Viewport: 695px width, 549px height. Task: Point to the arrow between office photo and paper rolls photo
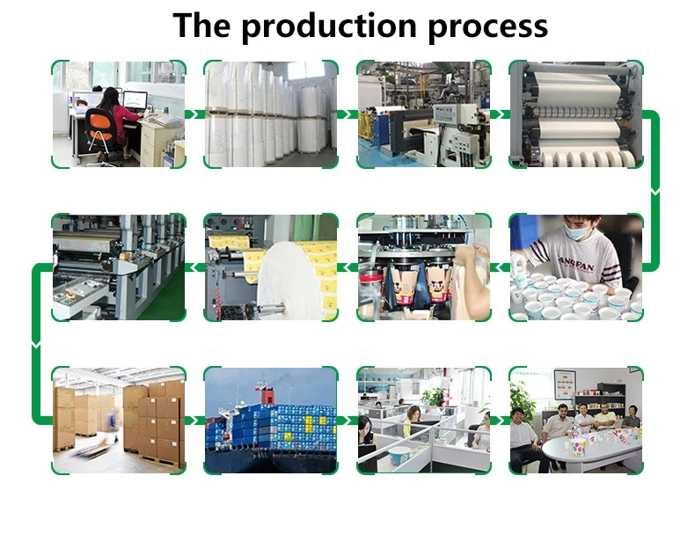194,114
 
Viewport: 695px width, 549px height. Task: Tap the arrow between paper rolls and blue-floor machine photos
347,114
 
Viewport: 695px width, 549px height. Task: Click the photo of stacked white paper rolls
271,114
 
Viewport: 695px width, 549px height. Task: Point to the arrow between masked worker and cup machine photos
500,267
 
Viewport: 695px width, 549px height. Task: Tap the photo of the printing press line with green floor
118,267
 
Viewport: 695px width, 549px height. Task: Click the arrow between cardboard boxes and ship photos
194,421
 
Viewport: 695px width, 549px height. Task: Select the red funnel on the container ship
263,384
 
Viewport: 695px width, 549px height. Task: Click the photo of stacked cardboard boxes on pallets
118,421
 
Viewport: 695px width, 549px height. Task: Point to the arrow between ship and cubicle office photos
347,421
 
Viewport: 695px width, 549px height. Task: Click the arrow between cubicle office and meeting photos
500,421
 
